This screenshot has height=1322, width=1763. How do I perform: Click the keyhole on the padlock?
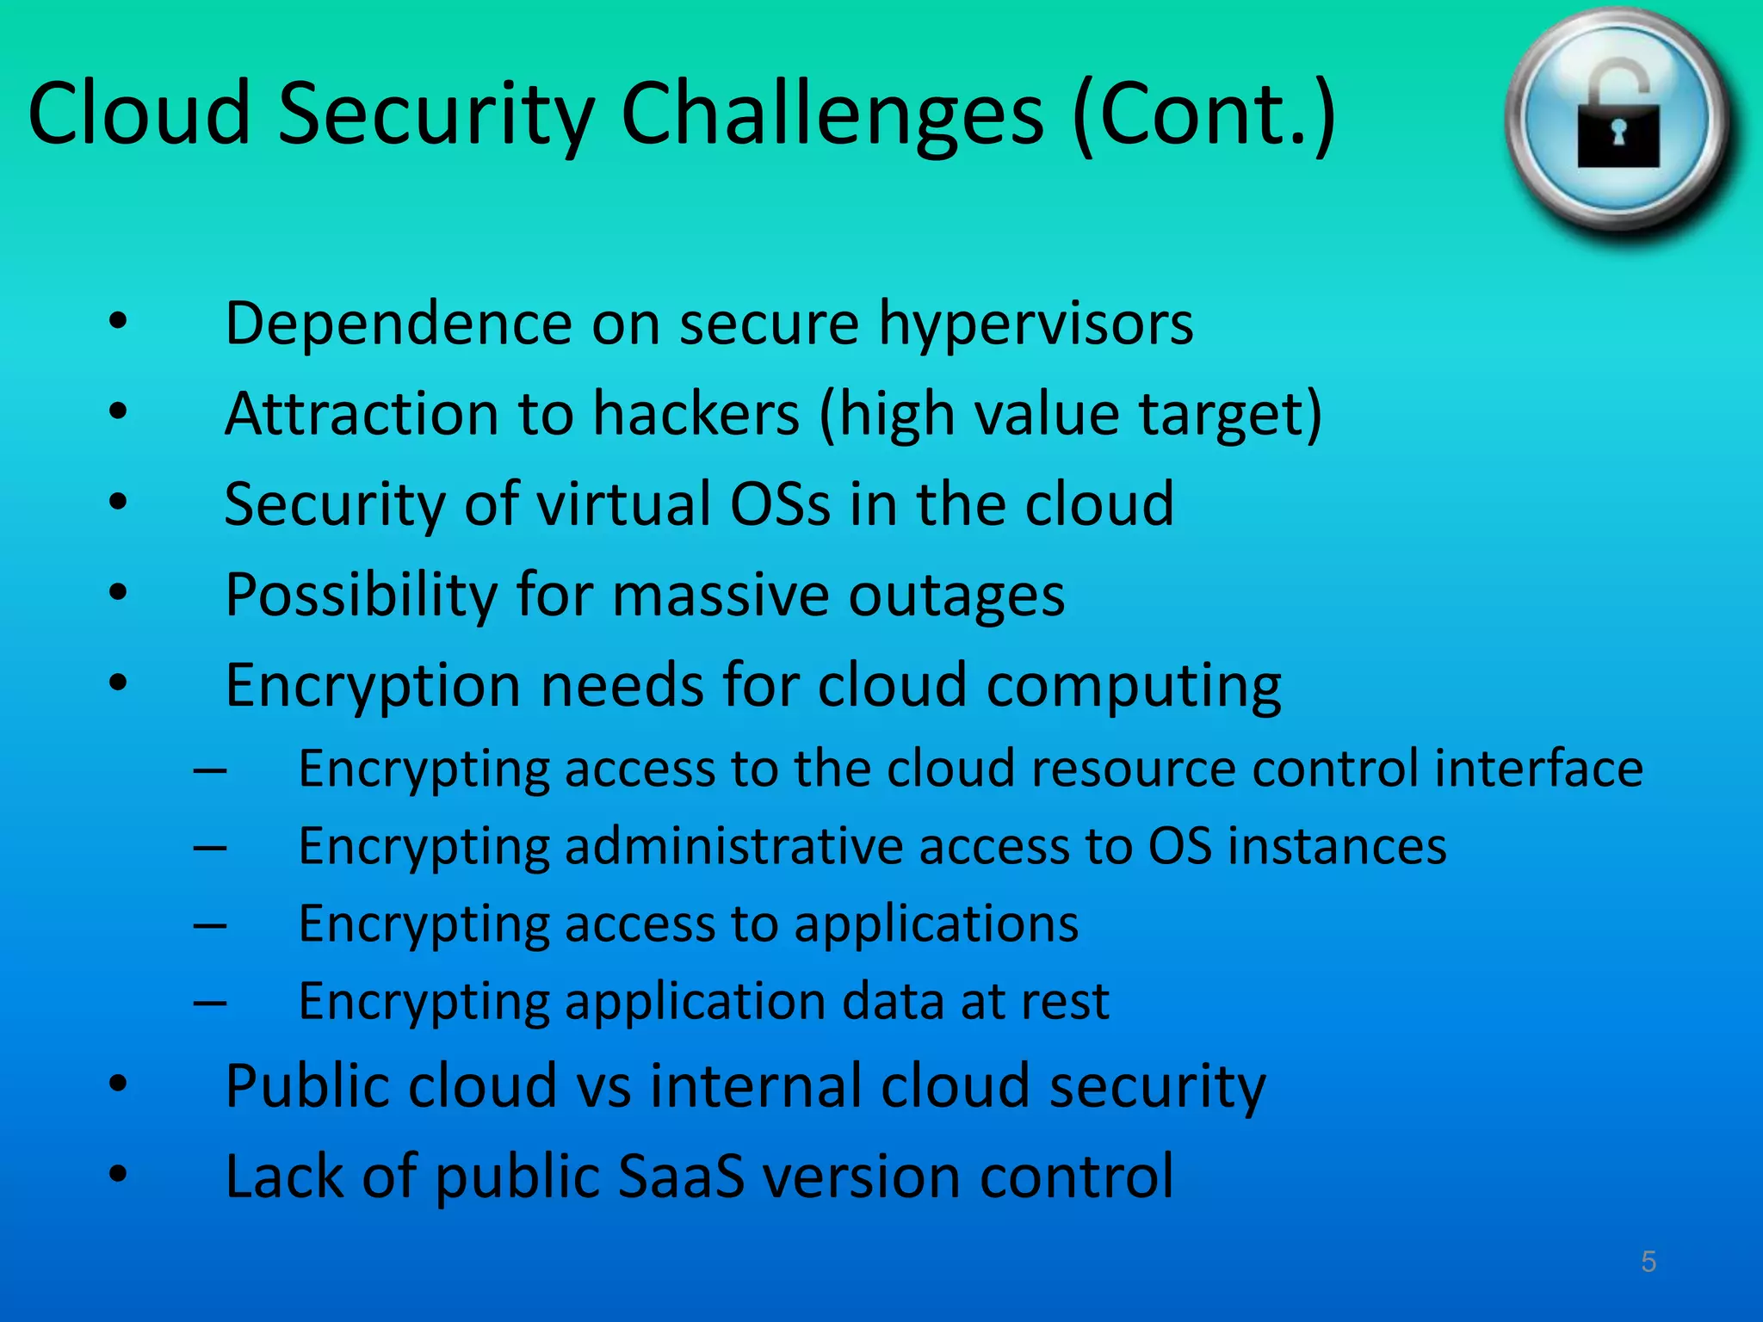pyautogui.click(x=1618, y=133)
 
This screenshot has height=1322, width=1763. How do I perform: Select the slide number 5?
pyautogui.click(x=1649, y=1262)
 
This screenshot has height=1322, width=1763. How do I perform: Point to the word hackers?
pyautogui.click(x=696, y=415)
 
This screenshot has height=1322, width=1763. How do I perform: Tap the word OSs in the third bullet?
pyautogui.click(x=780, y=504)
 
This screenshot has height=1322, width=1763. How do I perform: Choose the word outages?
pyautogui.click(x=956, y=596)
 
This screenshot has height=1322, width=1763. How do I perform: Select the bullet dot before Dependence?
pyautogui.click(x=118, y=322)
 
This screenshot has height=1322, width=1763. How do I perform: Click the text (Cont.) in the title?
pyautogui.click(x=1204, y=116)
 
